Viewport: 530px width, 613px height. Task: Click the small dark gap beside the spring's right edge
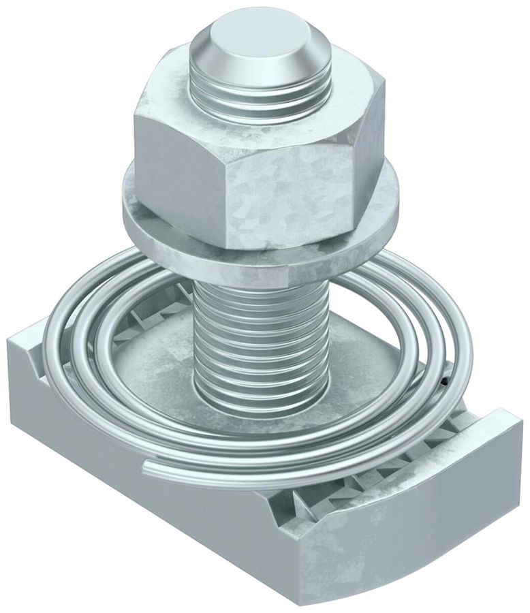pos(444,381)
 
